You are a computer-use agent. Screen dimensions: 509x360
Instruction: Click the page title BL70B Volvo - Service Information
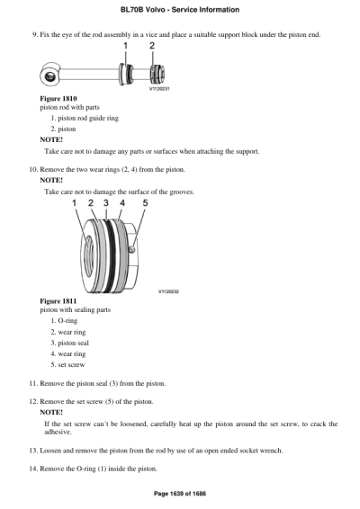[x=179, y=10]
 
